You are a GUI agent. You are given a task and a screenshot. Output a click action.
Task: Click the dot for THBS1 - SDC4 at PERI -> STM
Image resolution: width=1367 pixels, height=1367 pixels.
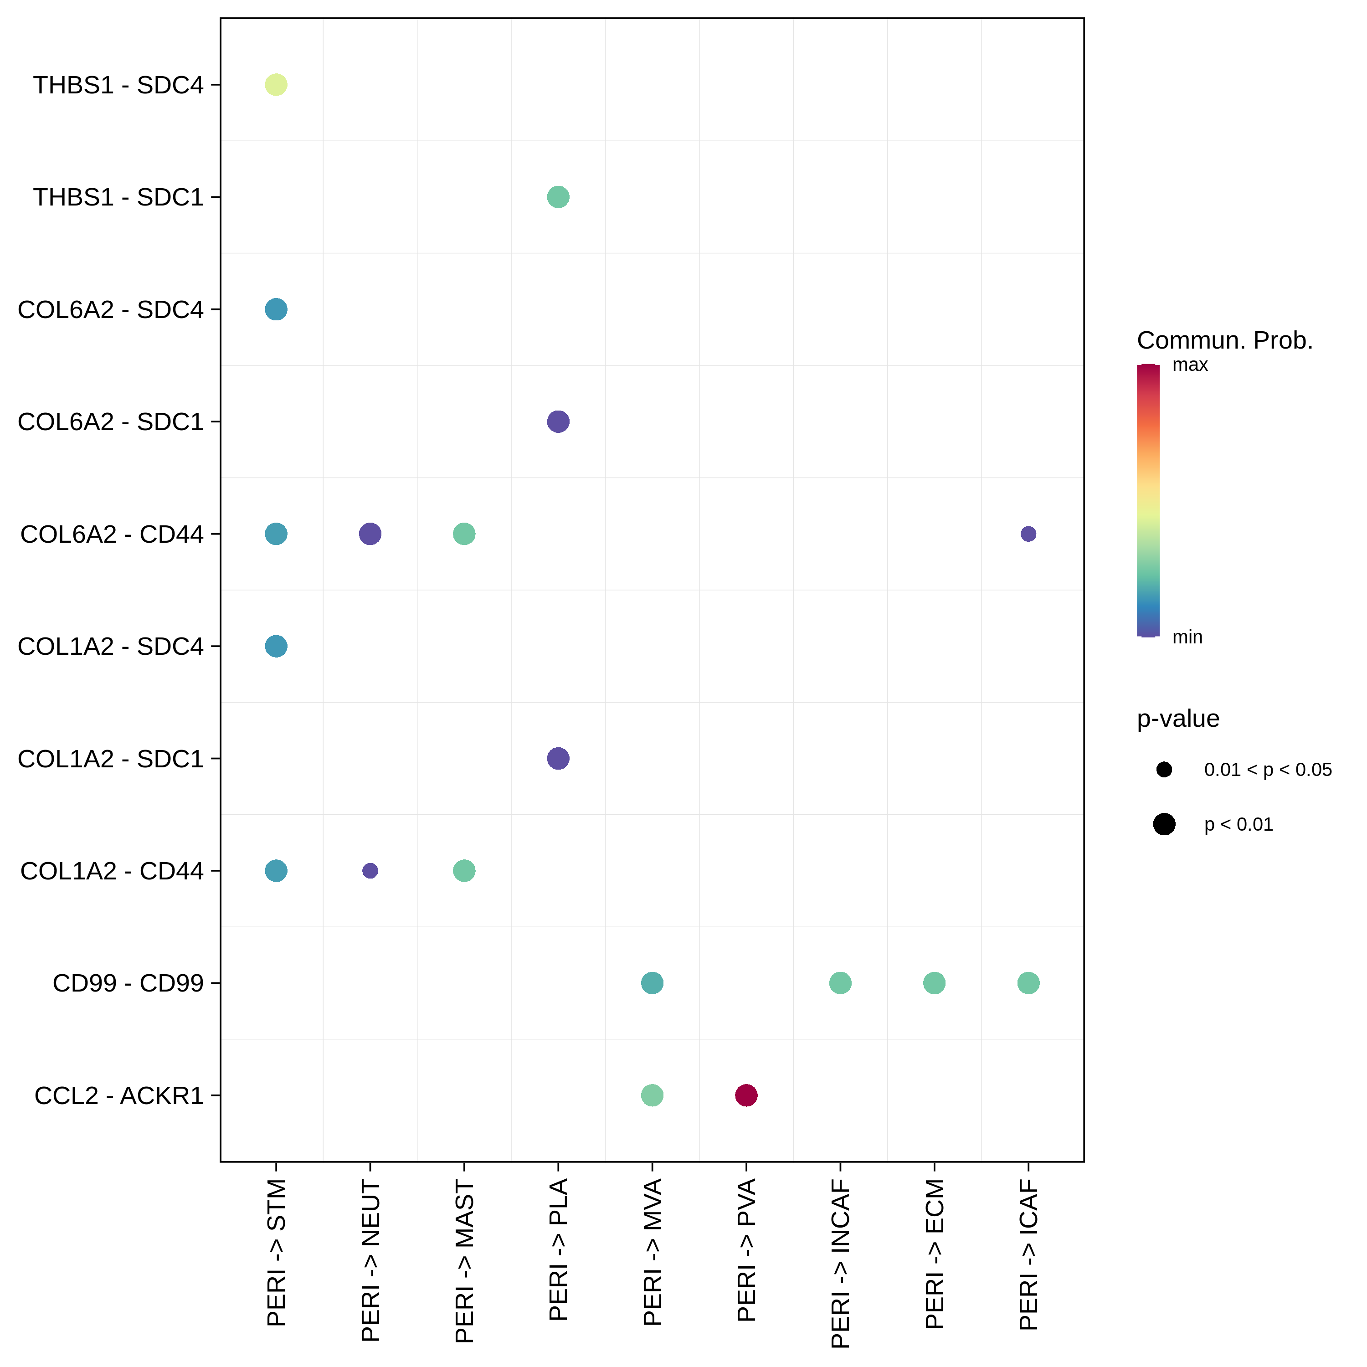276,85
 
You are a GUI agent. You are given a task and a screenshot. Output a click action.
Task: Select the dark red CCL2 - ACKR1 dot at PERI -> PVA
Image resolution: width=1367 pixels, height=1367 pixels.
746,1095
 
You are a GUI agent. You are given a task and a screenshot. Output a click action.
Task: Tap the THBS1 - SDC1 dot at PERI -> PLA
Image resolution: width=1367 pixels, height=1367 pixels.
558,197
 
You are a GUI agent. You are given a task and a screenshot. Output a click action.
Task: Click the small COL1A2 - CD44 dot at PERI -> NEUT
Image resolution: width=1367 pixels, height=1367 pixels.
370,870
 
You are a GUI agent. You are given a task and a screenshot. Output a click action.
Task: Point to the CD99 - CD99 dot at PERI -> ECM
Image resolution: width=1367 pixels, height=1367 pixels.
934,983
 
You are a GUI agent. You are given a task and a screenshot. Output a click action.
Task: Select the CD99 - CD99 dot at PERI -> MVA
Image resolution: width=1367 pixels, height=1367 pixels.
653,983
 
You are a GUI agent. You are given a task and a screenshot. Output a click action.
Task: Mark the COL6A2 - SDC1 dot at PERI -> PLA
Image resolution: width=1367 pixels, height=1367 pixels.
558,421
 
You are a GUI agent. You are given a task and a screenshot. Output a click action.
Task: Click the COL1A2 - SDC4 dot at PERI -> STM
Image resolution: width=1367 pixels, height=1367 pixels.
276,646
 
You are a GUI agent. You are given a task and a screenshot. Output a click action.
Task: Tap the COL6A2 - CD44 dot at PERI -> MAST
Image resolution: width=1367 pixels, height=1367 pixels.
464,534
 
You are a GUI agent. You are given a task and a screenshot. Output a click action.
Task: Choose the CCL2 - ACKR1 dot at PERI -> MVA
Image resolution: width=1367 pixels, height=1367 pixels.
653,1095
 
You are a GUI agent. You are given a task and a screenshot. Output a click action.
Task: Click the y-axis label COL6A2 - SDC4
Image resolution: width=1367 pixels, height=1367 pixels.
110,309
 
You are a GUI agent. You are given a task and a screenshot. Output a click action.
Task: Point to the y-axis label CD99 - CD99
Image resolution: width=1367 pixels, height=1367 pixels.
128,983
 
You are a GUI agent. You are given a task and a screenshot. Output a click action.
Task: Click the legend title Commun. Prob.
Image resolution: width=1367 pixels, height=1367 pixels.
1225,340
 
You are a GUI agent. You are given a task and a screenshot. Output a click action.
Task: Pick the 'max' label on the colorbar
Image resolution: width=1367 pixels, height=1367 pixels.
1190,365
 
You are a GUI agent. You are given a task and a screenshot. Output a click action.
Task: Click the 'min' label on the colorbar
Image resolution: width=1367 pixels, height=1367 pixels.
1187,637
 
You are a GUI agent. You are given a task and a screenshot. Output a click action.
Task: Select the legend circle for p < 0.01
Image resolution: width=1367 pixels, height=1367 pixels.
1164,824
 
